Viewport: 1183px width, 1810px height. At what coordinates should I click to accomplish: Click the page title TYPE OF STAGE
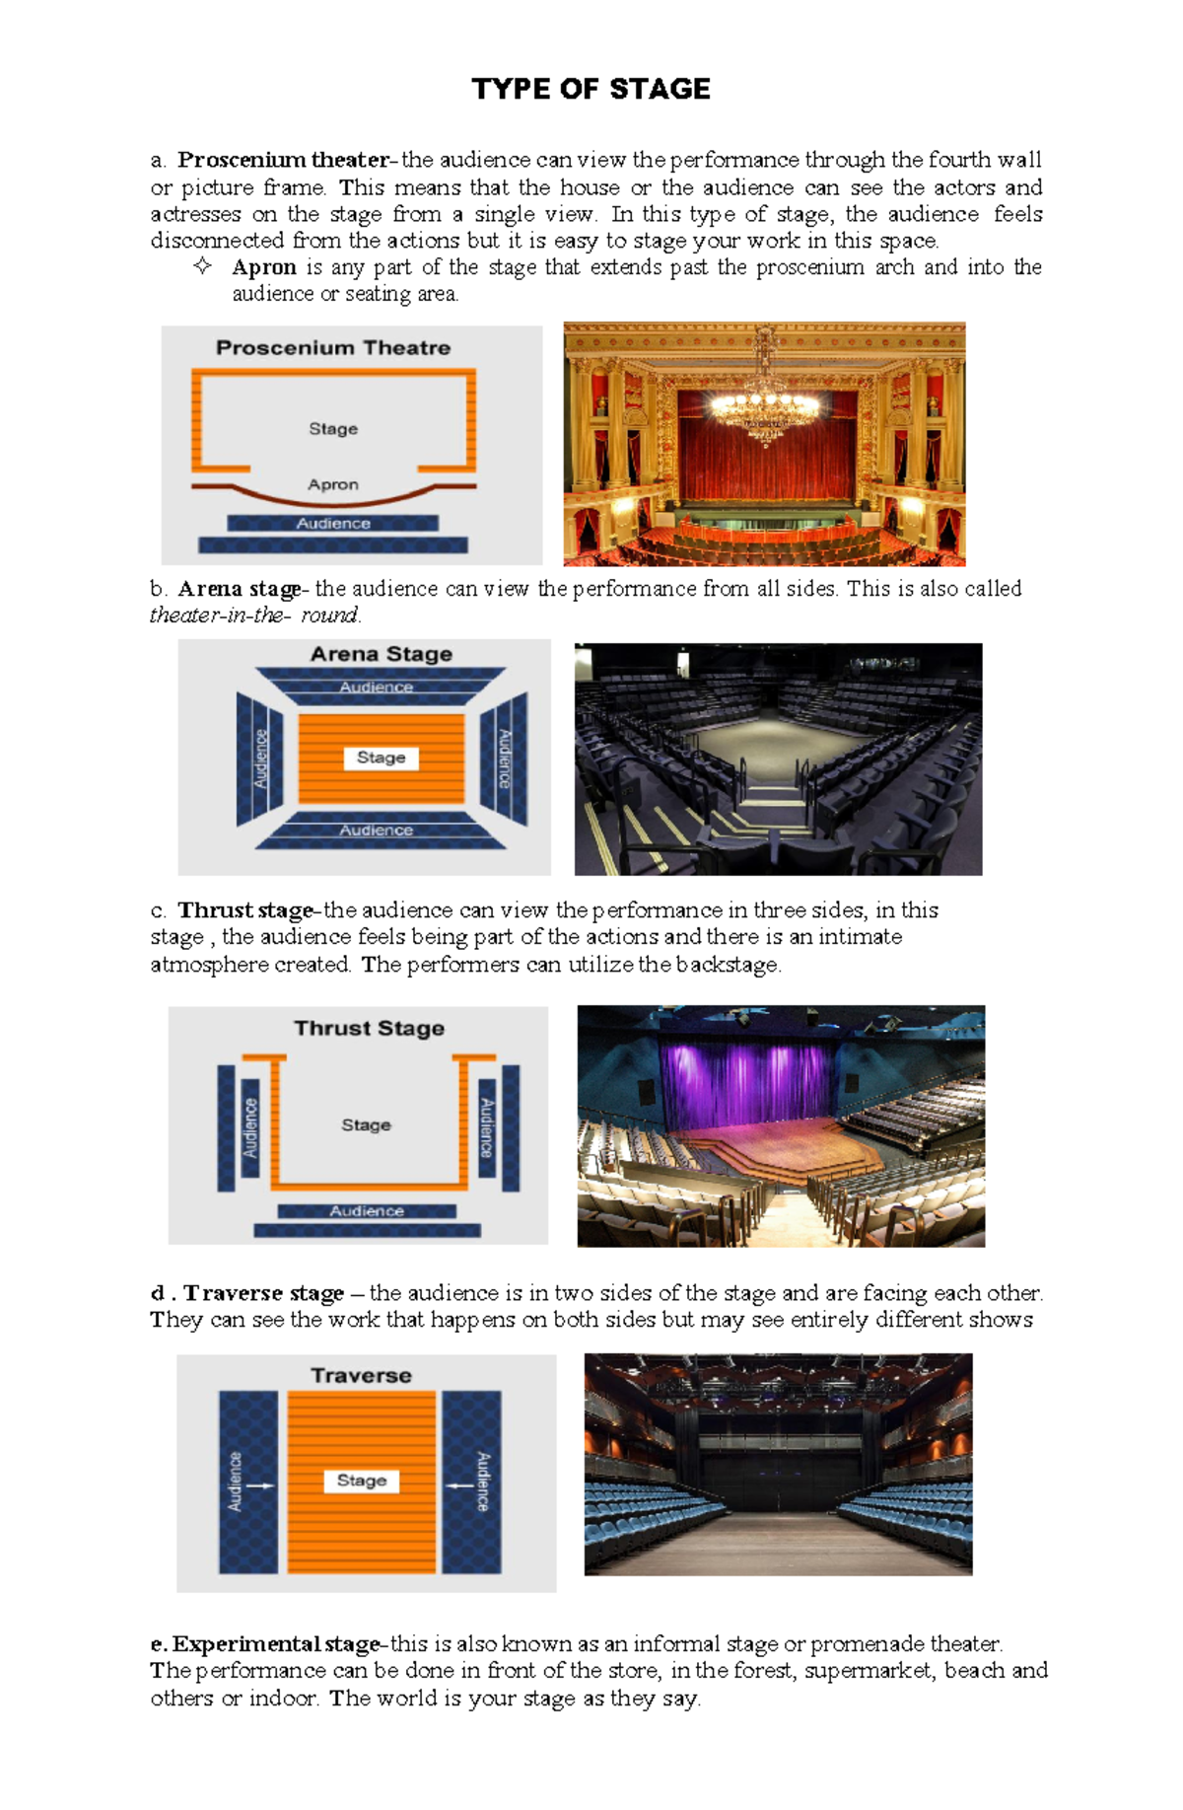(591, 89)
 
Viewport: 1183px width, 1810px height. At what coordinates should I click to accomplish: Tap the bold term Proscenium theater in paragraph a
(283, 160)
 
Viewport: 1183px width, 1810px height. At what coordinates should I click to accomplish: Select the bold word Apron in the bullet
(264, 267)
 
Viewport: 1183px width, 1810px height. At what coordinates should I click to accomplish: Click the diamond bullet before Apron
(203, 265)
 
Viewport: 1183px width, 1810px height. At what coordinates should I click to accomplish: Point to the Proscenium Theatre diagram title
(333, 347)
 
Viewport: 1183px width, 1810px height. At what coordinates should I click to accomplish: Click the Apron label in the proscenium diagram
(333, 484)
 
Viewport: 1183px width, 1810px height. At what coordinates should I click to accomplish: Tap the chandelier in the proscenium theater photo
(765, 400)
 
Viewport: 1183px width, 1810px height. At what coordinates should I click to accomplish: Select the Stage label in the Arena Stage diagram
(382, 758)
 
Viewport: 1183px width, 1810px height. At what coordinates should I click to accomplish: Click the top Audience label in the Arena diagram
(377, 687)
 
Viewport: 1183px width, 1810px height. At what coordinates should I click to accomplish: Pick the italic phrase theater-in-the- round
(255, 615)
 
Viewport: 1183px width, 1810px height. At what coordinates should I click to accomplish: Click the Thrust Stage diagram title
(370, 1028)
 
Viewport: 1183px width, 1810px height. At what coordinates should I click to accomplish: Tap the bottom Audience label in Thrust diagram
(367, 1210)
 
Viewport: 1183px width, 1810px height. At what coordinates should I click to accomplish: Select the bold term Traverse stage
(263, 1292)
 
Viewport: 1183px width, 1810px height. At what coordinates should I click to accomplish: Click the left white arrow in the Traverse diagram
(260, 1485)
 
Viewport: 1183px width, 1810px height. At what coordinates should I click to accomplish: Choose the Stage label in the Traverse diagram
(362, 1481)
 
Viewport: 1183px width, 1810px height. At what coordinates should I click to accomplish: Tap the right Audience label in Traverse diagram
(482, 1481)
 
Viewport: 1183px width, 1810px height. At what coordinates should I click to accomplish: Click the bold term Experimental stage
(276, 1644)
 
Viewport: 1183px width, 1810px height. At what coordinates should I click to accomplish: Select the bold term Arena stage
(240, 589)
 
